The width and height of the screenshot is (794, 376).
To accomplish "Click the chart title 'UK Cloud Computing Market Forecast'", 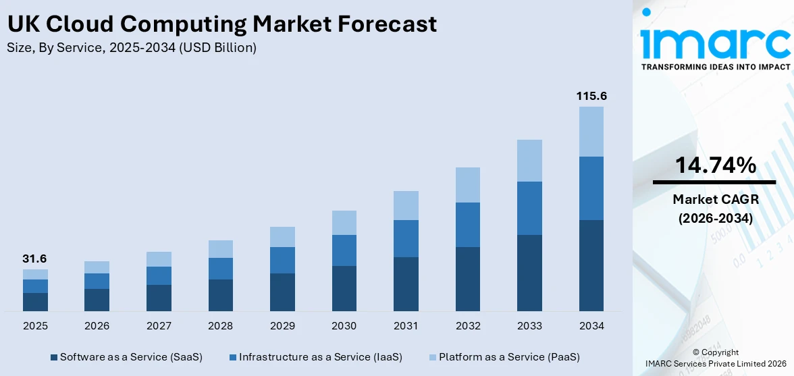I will (222, 24).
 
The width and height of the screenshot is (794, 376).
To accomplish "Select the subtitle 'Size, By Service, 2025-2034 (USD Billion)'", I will (132, 48).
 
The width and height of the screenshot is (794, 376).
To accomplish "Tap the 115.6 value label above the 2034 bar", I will (591, 97).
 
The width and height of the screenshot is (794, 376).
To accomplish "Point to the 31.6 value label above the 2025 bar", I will (35, 259).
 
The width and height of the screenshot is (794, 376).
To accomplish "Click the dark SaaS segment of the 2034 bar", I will (591, 265).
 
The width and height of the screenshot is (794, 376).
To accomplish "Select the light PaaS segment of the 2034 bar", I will (591, 132).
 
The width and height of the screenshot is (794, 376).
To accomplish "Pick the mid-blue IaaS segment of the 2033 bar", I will (529, 208).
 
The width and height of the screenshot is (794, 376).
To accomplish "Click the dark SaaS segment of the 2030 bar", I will (344, 288).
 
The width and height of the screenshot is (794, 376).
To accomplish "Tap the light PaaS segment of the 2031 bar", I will (406, 205).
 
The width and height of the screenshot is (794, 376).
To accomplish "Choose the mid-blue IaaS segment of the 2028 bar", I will (220, 269).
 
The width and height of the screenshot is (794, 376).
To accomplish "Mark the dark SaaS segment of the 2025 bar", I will (35, 302).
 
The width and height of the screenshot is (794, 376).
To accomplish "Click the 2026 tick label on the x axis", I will (97, 326).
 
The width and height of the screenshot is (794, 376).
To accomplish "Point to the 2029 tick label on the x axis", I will (282, 326).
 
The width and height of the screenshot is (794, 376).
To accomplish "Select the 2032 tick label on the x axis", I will (467, 326).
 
